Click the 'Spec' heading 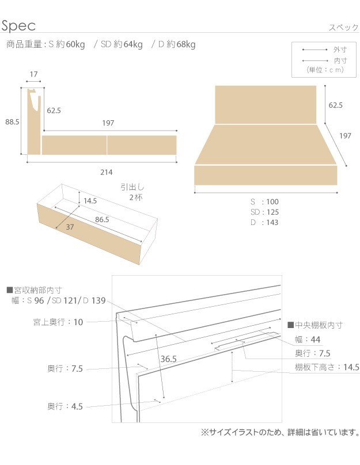coord(19,25)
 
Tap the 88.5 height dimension coord(12,122)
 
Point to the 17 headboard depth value coord(33,74)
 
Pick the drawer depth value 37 coord(70,227)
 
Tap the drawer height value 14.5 coord(90,201)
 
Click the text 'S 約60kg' coord(66,44)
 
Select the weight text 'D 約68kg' coord(177,44)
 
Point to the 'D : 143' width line coord(264,222)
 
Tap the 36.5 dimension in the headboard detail coord(168,359)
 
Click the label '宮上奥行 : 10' coord(58,322)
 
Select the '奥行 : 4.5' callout coord(65,406)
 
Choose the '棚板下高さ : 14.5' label coord(327,367)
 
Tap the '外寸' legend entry coord(338,51)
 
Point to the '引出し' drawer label coord(132,187)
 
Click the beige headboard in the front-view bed coord(266,104)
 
